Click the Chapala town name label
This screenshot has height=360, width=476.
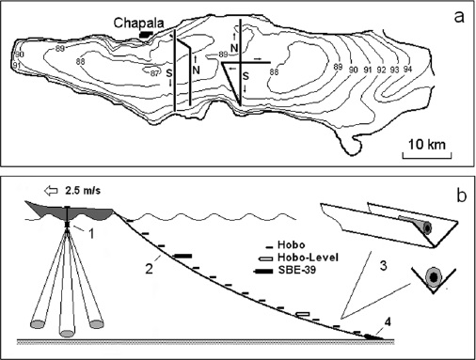tap(138, 23)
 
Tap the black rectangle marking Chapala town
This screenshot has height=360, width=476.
tap(146, 34)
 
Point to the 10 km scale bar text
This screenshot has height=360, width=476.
tap(427, 145)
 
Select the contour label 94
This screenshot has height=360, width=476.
tap(407, 70)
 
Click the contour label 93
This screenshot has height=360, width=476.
tap(394, 70)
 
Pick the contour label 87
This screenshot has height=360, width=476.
tap(154, 74)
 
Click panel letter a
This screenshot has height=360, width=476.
tap(459, 17)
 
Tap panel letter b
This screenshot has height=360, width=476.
tap(462, 196)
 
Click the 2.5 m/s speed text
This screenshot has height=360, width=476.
tap(83, 191)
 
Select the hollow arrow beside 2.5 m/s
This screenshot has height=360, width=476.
tap(51, 191)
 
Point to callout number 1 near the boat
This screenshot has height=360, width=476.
tap(91, 233)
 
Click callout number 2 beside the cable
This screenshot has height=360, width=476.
tap(149, 269)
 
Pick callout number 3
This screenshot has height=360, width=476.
tap(383, 266)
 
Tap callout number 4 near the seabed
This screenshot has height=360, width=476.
tap(388, 322)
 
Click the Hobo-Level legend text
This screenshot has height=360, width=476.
tap(308, 258)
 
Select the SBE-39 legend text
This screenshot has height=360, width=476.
tap(297, 270)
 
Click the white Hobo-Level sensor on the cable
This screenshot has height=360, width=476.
tap(303, 314)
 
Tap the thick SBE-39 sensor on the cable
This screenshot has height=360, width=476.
tap(183, 256)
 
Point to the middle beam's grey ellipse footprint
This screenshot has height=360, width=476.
tap(67, 333)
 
